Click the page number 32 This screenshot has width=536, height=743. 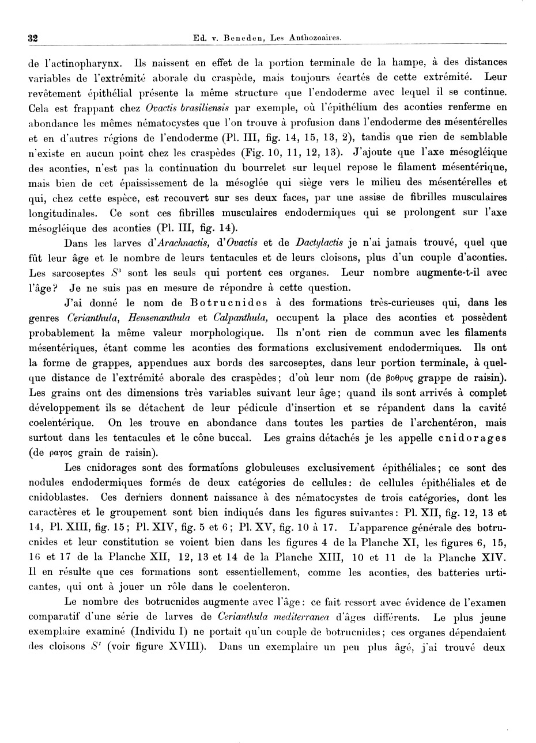coord(33,38)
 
